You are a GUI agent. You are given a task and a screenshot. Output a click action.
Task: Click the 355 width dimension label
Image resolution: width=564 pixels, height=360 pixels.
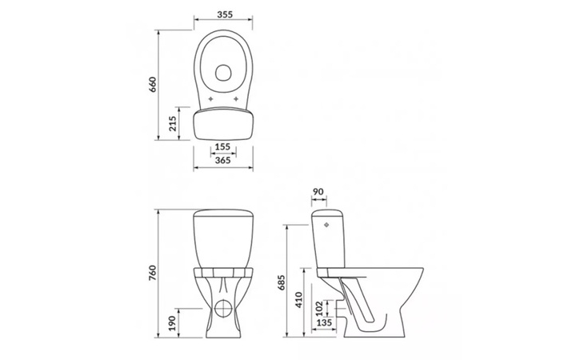225,14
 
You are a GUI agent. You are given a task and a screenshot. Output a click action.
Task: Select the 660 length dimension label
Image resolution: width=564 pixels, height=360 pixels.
153,85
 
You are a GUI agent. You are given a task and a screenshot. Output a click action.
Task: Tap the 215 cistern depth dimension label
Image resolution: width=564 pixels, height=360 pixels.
173,123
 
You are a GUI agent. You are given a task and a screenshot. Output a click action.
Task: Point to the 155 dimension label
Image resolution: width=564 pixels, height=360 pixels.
222,146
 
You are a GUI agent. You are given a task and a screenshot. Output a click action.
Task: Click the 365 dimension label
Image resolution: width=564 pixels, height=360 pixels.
222,160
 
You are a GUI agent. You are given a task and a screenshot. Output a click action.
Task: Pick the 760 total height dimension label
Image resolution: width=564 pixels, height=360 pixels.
153,273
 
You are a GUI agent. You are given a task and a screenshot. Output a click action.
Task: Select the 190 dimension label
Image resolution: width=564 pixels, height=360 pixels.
172,323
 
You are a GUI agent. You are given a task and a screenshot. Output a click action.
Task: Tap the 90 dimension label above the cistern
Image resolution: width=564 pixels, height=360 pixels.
318,192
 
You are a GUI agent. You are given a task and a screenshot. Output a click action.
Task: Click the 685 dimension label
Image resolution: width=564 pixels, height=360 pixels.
282,282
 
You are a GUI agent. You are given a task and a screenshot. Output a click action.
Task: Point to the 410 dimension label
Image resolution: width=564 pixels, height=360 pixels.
299,300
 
